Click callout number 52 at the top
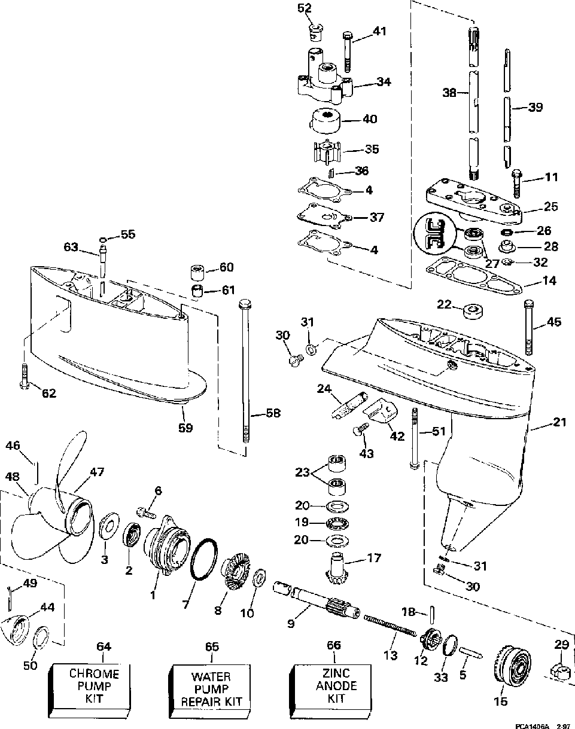click(x=305, y=8)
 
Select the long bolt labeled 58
click(x=246, y=371)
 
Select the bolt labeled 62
click(x=25, y=377)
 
